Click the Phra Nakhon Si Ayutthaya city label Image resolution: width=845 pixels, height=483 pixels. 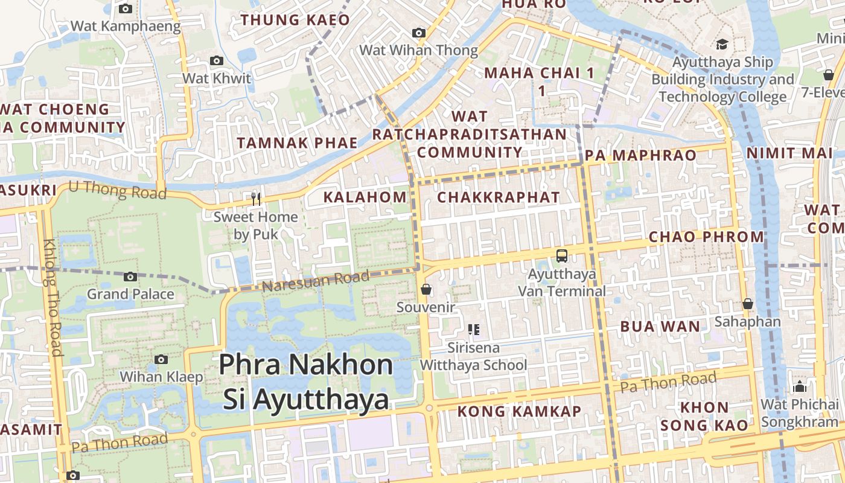point(305,382)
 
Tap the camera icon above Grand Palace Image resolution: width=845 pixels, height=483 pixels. point(130,277)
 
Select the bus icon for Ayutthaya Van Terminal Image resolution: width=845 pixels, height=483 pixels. point(562,256)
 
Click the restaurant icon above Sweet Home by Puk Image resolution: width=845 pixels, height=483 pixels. point(256,199)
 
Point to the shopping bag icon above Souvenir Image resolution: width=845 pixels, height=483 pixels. point(426,290)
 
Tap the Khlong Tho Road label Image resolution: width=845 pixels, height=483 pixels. point(53,297)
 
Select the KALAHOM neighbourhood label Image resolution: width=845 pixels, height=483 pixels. point(365,197)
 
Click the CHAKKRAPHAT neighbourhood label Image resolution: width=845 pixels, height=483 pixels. point(499,197)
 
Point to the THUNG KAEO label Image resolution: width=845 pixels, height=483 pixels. point(295,20)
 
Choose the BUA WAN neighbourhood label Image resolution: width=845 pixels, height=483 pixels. point(660,327)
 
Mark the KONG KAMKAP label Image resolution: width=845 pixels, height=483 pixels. point(519,411)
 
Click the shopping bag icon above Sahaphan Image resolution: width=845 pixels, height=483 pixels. point(748,304)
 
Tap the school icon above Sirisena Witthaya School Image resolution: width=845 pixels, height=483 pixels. point(474,330)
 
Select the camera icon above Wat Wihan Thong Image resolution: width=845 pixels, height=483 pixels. point(418,33)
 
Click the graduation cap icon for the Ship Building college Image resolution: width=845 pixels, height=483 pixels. point(721,44)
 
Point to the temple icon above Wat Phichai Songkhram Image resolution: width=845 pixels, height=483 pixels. point(800,386)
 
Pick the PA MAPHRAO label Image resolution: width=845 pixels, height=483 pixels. point(640,155)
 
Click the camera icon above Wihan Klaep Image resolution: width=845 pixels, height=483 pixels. point(161,360)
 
